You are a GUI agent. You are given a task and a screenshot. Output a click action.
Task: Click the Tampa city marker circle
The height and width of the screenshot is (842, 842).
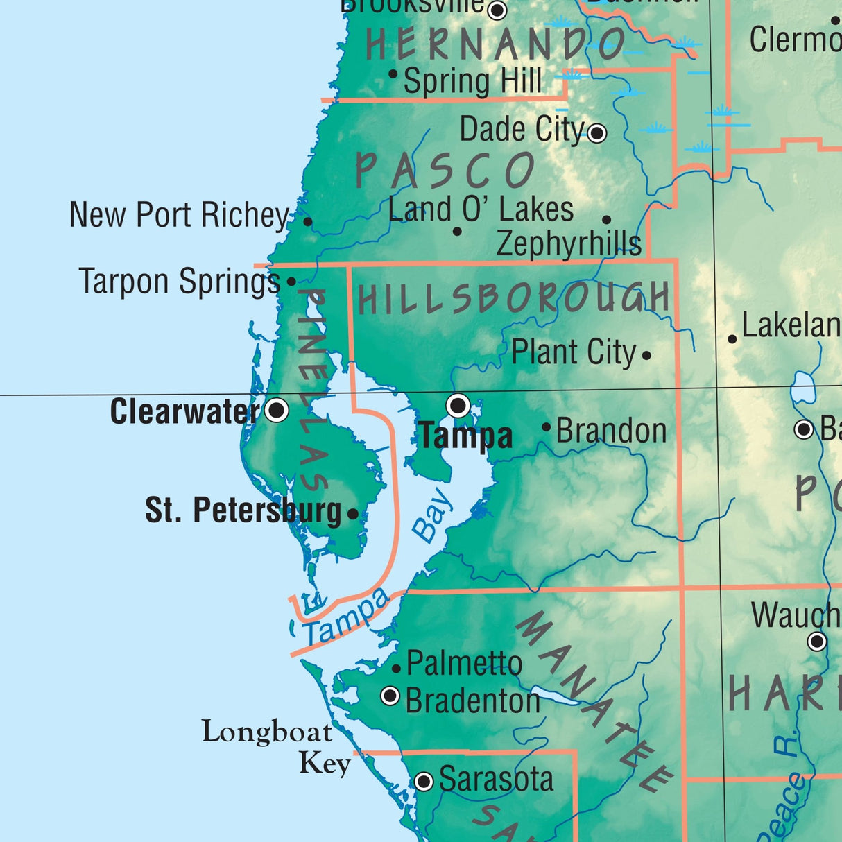pos(458,405)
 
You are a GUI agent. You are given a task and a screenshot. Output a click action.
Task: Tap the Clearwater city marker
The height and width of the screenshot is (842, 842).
pos(277,410)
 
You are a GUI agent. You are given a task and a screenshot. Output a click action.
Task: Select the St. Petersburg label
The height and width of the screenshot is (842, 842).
pos(243,511)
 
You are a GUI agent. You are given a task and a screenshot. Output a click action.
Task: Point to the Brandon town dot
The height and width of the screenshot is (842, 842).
pos(547,427)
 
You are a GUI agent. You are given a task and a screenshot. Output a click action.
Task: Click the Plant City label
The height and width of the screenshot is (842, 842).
pos(573,353)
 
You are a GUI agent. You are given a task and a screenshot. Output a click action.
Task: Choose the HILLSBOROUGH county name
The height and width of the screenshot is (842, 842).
pos(513,299)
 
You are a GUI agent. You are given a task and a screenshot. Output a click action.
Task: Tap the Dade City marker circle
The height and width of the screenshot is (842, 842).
pos(596,132)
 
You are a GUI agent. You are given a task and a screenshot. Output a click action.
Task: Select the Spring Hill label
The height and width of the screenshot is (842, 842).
pos(472,81)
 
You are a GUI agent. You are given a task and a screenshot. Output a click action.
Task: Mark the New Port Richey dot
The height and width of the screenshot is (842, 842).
pos(308,222)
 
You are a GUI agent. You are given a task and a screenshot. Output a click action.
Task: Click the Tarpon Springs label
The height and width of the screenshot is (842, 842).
pos(180,282)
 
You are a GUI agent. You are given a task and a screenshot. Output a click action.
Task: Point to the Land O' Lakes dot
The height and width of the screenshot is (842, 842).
pos(457,231)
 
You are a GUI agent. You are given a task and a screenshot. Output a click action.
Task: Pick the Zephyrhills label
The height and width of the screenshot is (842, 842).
pos(569,243)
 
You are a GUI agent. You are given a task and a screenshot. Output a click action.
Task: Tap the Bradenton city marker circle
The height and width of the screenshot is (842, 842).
pos(390,695)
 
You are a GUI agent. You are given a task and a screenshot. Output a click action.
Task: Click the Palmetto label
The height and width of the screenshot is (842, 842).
pos(464,664)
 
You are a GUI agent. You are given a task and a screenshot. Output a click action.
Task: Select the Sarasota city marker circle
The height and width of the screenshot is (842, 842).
pos(424,782)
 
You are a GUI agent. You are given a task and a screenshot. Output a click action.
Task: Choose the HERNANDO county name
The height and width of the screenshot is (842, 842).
pos(495,45)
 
